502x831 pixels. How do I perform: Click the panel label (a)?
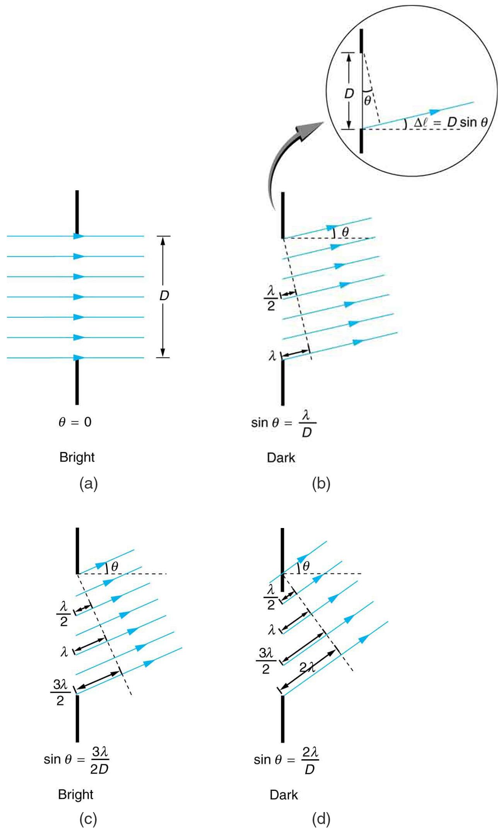pos(88,483)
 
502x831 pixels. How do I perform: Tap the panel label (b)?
pos(321,483)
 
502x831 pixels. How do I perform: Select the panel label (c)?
pos(88,819)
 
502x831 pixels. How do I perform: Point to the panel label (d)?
pos(321,819)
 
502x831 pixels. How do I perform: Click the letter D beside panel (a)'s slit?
pos(164,296)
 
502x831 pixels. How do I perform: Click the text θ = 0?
pos(75,422)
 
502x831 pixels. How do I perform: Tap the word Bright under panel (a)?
pos(77,457)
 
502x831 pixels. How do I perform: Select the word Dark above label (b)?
pos(281,458)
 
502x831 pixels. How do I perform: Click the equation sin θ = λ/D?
pos(284,424)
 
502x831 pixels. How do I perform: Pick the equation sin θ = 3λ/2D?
pos(77,760)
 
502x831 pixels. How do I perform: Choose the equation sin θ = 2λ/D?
pos(286,760)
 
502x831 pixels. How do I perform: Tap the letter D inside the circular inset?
pos(349,93)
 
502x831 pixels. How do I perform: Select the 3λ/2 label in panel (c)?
pos(60,692)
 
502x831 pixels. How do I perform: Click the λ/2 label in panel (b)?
pos(271,298)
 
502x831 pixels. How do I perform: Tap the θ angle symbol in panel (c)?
pos(115,567)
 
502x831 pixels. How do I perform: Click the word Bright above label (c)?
pos(76,794)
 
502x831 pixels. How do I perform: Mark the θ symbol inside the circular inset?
pos(368,100)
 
